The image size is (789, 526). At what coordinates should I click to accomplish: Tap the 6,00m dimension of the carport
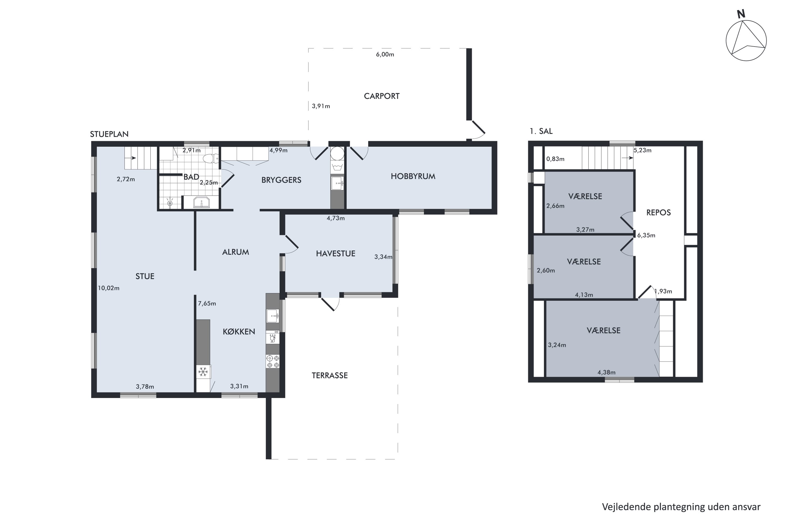pyautogui.click(x=385, y=54)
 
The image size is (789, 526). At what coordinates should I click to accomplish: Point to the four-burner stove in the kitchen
pyautogui.click(x=272, y=361)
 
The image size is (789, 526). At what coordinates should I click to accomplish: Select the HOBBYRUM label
pyautogui.click(x=413, y=176)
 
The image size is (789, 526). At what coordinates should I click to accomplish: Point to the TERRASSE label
pyautogui.click(x=330, y=375)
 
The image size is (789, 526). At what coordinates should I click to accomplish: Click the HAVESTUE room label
pyautogui.click(x=336, y=254)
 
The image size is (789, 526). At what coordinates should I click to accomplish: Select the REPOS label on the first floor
pyautogui.click(x=658, y=213)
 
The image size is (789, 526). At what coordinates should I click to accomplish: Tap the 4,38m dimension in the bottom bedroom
pyautogui.click(x=606, y=372)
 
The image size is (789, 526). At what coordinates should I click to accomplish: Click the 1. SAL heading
pyautogui.click(x=541, y=131)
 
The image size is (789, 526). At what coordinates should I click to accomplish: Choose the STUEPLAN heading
pyautogui.click(x=109, y=134)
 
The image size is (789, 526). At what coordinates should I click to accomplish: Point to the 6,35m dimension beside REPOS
pyautogui.click(x=646, y=235)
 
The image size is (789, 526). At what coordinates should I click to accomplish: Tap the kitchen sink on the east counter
pyautogui.click(x=272, y=316)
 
